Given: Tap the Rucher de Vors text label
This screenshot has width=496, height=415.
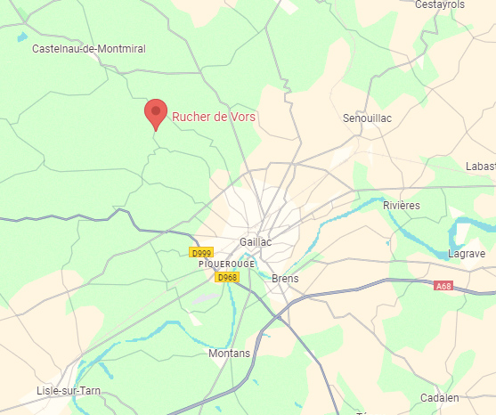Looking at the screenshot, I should click(x=214, y=117).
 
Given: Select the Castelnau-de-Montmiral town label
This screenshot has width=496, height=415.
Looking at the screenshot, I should click(x=88, y=49).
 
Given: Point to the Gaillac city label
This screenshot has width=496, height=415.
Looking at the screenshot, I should click(x=256, y=242).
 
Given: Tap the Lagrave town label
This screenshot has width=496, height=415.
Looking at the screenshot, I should click(x=468, y=254).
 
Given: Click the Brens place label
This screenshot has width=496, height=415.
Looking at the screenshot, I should click(x=285, y=279).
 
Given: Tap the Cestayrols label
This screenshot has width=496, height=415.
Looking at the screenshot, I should click(x=440, y=4).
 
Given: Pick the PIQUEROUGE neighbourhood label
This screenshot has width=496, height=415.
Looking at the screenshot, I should click(x=227, y=264).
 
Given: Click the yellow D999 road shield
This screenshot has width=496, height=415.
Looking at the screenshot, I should click(x=202, y=253).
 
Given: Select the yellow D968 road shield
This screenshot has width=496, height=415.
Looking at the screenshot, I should click(x=227, y=278).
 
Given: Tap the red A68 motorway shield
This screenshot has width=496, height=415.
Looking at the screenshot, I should click(x=443, y=286).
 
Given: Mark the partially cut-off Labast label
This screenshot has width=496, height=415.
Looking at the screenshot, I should click(x=480, y=167).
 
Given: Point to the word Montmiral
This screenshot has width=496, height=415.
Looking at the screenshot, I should click(x=122, y=49).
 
